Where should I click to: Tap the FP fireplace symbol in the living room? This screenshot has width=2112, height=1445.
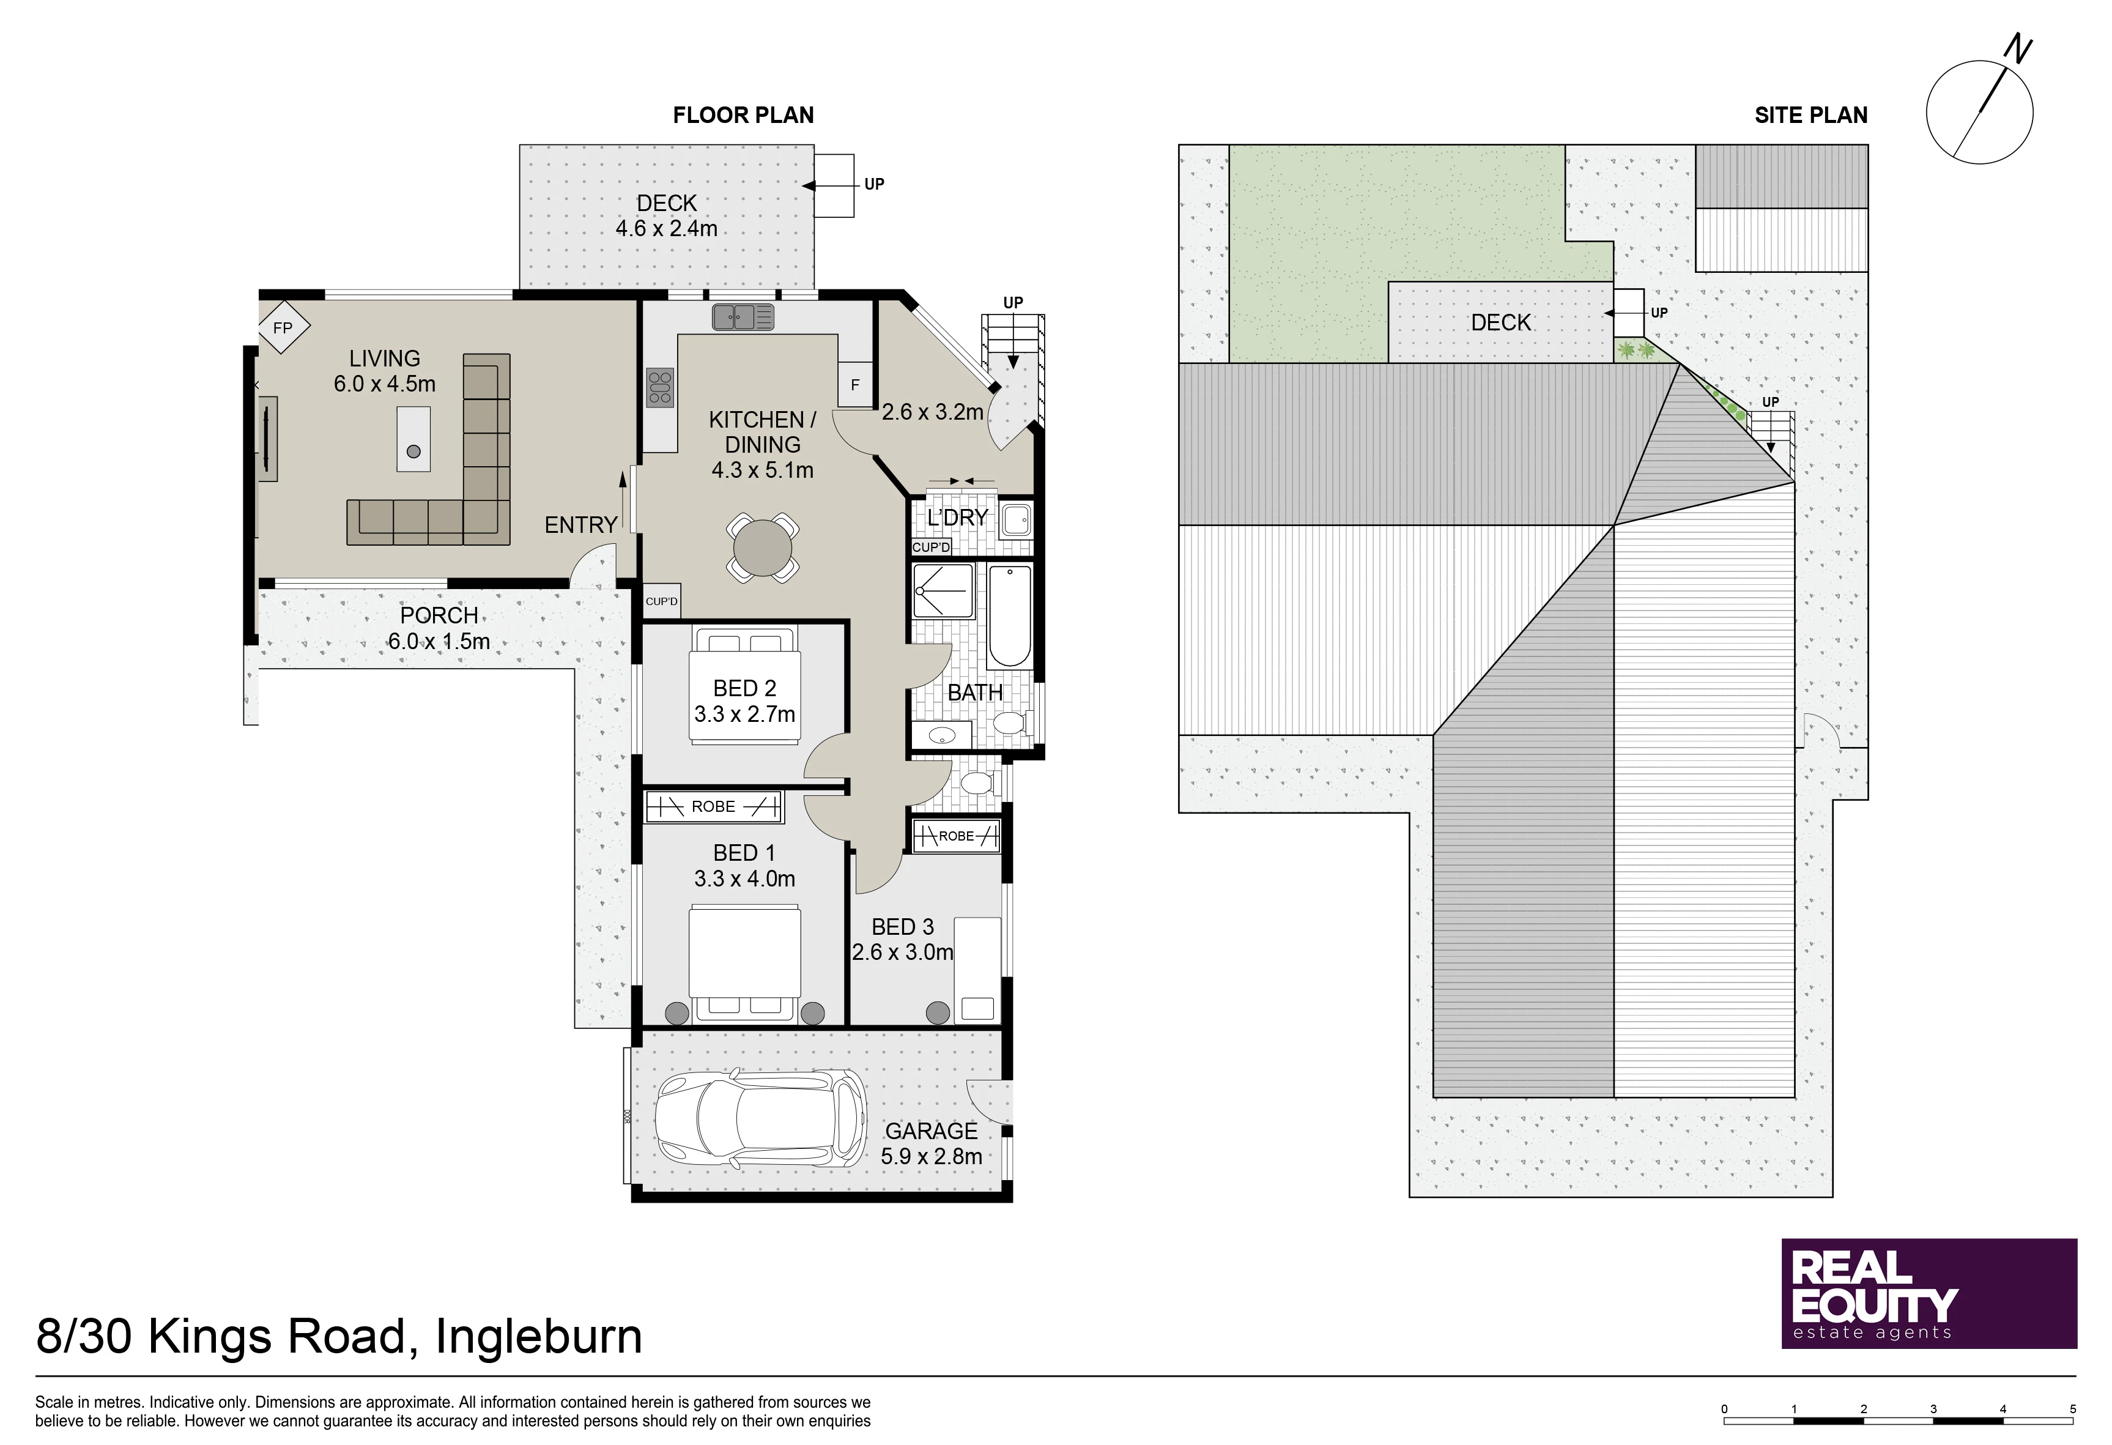click(283, 327)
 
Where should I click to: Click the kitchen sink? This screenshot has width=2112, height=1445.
click(743, 316)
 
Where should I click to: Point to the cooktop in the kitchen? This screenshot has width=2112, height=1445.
click(661, 388)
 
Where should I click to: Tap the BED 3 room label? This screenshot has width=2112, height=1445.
click(902, 927)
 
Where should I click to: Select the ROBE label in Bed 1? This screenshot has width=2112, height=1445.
click(713, 806)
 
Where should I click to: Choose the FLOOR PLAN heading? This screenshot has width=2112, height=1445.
click(743, 116)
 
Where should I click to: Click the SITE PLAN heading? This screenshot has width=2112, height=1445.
click(1811, 116)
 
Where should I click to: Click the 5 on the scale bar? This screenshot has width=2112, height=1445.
click(2073, 1409)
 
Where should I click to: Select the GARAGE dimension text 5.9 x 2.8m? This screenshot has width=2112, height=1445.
click(932, 1157)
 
